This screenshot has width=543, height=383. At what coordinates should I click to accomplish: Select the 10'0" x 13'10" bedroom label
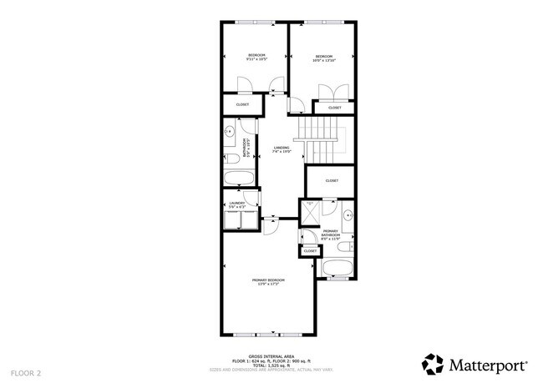(323, 58)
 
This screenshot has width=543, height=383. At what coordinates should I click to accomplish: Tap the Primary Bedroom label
(269, 281)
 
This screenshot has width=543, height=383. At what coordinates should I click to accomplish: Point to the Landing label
(282, 149)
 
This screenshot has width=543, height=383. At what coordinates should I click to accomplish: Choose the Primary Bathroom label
(331, 235)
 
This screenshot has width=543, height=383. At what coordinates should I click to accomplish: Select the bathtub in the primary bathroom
(338, 269)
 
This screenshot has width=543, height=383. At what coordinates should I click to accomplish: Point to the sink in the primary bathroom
(348, 214)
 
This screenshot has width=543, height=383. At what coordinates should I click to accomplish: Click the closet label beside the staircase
(331, 180)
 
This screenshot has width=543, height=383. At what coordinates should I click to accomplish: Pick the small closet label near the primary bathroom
(310, 251)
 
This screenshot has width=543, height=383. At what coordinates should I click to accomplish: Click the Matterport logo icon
(432, 364)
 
